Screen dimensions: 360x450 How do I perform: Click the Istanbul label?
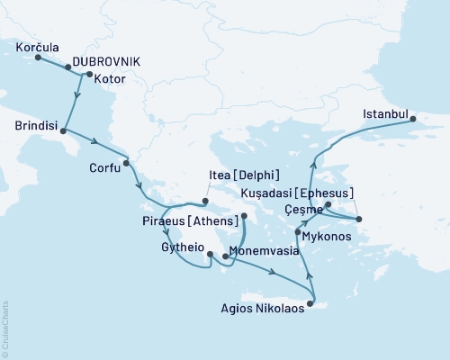click(x=385, y=114)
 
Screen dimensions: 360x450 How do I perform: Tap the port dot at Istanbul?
click(x=413, y=119)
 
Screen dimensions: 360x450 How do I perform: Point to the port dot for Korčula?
click(x=38, y=58)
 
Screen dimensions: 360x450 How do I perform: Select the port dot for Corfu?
click(x=126, y=163)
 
